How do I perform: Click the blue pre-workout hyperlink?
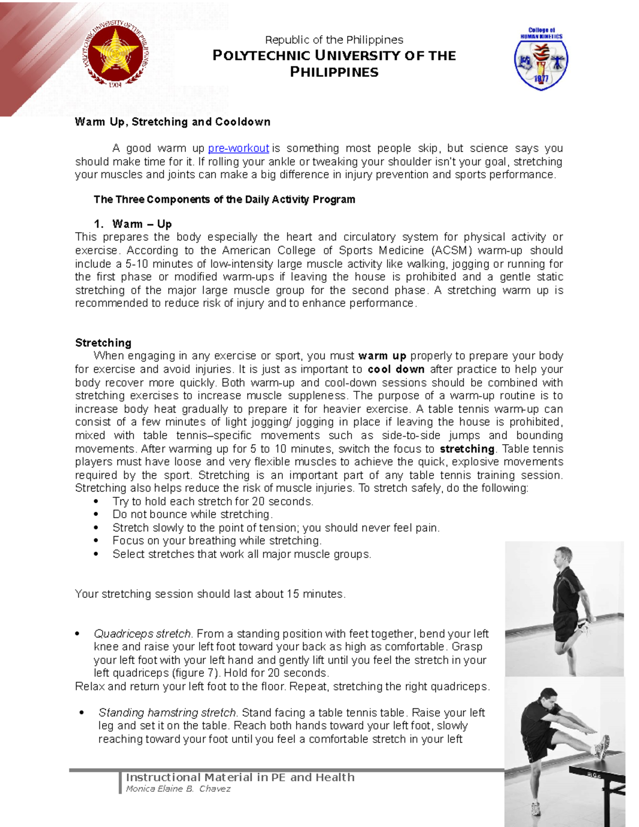tap(238, 149)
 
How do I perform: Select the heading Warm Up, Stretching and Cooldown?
tap(173, 122)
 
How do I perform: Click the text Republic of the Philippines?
tap(334, 40)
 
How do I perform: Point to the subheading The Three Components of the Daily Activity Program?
tap(224, 200)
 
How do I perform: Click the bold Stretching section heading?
tap(103, 343)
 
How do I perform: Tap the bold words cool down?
tap(396, 370)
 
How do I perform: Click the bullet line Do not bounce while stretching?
tap(192, 514)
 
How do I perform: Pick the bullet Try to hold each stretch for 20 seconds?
tap(212, 502)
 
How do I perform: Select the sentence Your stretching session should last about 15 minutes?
tap(210, 594)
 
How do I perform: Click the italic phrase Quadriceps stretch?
tap(142, 634)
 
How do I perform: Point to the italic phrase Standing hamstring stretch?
tap(167, 713)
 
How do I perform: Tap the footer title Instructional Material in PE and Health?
tap(240, 777)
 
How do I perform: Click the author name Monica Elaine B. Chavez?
tap(178, 789)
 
